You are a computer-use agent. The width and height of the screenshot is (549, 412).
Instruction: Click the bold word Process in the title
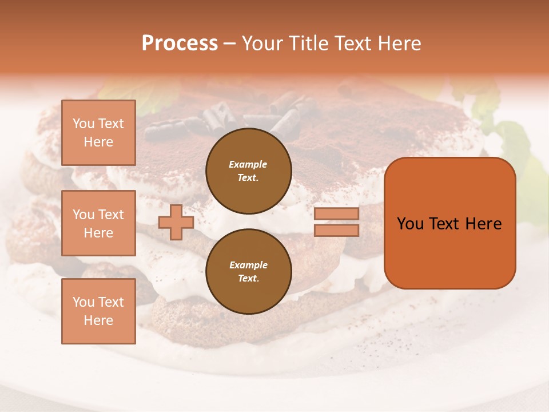pyautogui.click(x=180, y=43)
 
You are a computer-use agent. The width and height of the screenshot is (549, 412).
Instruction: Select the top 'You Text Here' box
pyautogui.click(x=98, y=133)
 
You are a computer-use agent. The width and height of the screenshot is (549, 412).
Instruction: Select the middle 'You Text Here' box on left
pyautogui.click(x=98, y=223)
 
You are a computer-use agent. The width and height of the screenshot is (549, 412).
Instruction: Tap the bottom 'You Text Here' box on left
pyautogui.click(x=98, y=311)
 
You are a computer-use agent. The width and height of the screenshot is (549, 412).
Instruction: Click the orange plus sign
pyautogui.click(x=176, y=222)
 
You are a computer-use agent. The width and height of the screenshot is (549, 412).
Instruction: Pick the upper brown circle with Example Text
pyautogui.click(x=248, y=171)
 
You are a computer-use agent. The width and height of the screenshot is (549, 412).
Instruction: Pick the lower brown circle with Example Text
pyautogui.click(x=248, y=272)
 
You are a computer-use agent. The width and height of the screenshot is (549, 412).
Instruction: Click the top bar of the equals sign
pyautogui.click(x=336, y=213)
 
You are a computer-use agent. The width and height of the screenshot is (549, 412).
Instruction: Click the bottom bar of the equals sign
pyautogui.click(x=336, y=230)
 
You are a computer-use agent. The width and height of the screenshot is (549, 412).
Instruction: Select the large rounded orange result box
pyautogui.click(x=449, y=252)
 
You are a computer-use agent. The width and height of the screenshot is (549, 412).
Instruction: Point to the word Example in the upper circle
pyautogui.click(x=248, y=164)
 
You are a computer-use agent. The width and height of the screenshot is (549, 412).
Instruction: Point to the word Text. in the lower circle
pyautogui.click(x=248, y=279)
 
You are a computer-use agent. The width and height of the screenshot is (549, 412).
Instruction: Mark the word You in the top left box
pyautogui.click(x=83, y=124)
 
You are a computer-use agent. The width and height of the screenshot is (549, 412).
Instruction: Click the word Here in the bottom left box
pyautogui.click(x=98, y=320)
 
